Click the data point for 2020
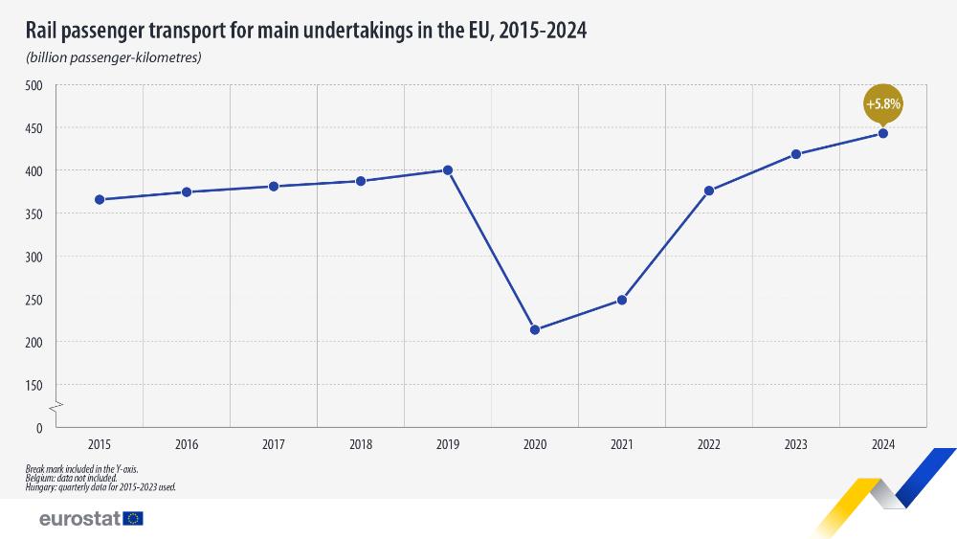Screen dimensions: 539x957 point(535,330)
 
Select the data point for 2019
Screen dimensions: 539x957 point(448,170)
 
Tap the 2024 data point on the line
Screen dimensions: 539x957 point(883,133)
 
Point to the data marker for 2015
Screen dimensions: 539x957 point(100,199)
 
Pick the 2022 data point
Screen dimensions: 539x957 point(709,191)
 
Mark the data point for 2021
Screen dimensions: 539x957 point(622,300)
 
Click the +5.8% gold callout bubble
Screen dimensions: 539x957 point(883,103)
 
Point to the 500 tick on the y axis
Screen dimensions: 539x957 point(34,85)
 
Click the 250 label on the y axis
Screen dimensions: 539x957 point(34,300)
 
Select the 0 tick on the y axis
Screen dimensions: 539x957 point(39,428)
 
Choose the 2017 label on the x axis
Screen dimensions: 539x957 point(274,444)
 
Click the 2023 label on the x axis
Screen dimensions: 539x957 point(796,444)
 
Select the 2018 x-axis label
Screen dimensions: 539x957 point(361,444)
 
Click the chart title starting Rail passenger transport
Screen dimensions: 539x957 point(306,31)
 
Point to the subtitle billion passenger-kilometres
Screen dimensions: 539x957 point(114,58)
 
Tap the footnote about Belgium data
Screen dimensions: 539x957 point(73,478)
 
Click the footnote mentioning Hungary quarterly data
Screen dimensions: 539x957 point(101,486)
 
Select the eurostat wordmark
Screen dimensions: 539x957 point(78,518)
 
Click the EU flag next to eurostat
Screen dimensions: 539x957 point(133,518)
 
